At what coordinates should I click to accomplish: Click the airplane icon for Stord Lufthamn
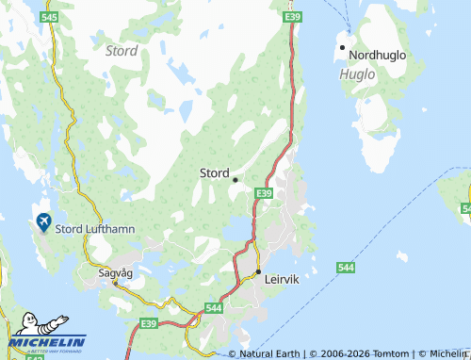[42, 222]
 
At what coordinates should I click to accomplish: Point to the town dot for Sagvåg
[116, 281]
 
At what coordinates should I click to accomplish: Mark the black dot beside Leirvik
[258, 271]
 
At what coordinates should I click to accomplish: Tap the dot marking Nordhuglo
[343, 47]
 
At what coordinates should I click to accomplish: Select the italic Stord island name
[122, 50]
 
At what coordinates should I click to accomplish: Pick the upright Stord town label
[214, 172]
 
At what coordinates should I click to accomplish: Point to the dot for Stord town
[235, 179]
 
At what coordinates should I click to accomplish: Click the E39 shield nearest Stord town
[264, 193]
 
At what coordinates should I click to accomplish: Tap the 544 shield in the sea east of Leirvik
[346, 269]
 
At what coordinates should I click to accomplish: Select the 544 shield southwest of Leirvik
[214, 308]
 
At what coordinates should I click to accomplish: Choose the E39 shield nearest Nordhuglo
[292, 17]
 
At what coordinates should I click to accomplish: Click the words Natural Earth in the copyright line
[270, 353]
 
